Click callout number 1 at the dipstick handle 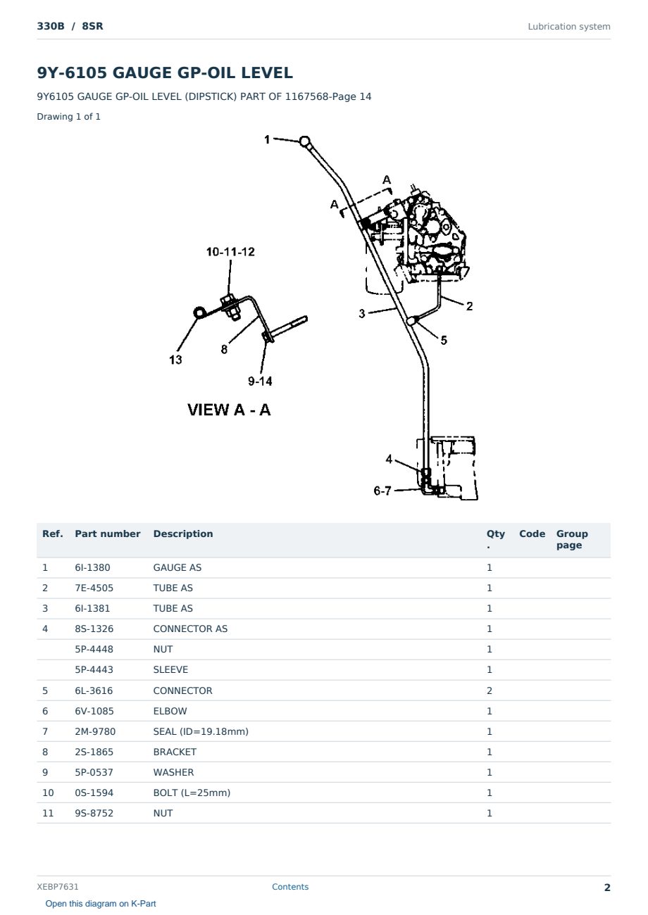click(x=267, y=139)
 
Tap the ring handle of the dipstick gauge click(x=304, y=141)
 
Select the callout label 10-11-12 click(x=230, y=252)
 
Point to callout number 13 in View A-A click(x=175, y=360)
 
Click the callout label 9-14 click(x=260, y=381)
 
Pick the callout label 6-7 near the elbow click(x=382, y=491)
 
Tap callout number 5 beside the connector click(x=444, y=340)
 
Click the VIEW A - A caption click(x=229, y=410)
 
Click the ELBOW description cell click(x=170, y=711)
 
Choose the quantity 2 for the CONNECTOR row click(x=490, y=690)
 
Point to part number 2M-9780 click(x=95, y=731)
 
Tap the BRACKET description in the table click(x=175, y=752)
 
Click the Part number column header click(x=108, y=534)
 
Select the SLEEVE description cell click(x=170, y=670)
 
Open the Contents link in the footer click(x=290, y=887)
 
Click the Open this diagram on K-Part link click(x=101, y=904)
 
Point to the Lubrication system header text click(x=568, y=27)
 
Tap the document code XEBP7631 click(x=58, y=887)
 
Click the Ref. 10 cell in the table click(x=48, y=793)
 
